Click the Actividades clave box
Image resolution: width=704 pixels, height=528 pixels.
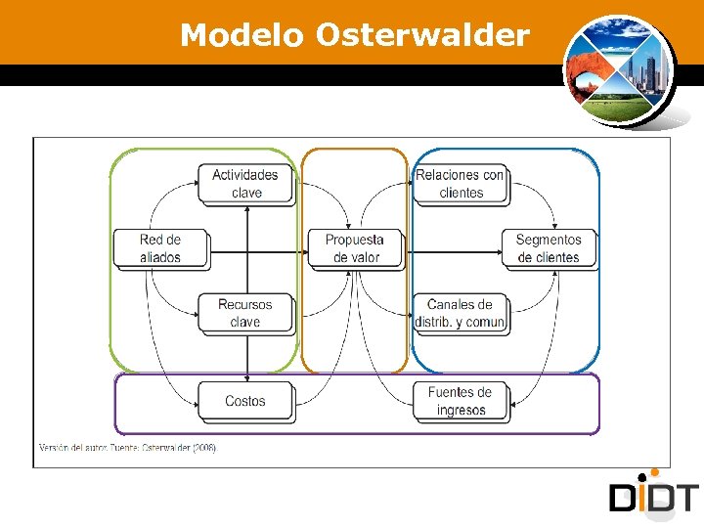(245, 184)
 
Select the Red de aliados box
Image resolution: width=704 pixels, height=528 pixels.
(160, 248)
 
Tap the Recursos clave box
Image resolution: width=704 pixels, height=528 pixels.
(245, 313)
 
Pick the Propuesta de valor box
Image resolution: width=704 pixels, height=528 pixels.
(354, 248)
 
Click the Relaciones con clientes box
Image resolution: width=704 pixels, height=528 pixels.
(460, 184)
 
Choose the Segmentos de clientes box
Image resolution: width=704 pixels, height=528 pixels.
(548, 248)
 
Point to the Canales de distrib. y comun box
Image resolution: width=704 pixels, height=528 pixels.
(460, 313)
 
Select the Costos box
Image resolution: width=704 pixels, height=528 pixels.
(245, 401)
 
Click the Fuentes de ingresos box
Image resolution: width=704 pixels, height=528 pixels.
(460, 401)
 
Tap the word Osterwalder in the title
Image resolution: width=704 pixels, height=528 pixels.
(422, 36)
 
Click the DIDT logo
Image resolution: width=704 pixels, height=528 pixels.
(654, 497)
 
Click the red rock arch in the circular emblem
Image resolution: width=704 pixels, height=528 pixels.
(591, 72)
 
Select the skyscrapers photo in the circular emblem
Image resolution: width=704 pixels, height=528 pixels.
(646, 68)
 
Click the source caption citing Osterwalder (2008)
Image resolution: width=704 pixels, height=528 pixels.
(127, 448)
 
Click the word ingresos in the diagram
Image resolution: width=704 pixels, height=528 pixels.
(461, 410)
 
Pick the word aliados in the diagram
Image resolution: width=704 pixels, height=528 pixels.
(160, 257)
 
